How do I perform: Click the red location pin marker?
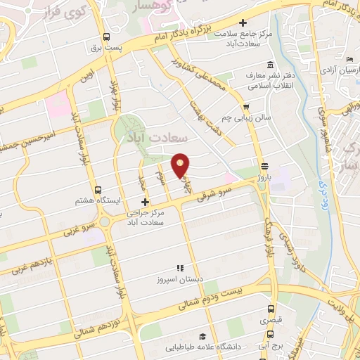(181, 165)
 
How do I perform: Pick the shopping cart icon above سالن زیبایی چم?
(246, 107)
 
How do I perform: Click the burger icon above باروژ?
(264, 167)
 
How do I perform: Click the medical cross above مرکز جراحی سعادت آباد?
(145, 202)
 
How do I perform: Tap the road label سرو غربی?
(77, 231)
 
